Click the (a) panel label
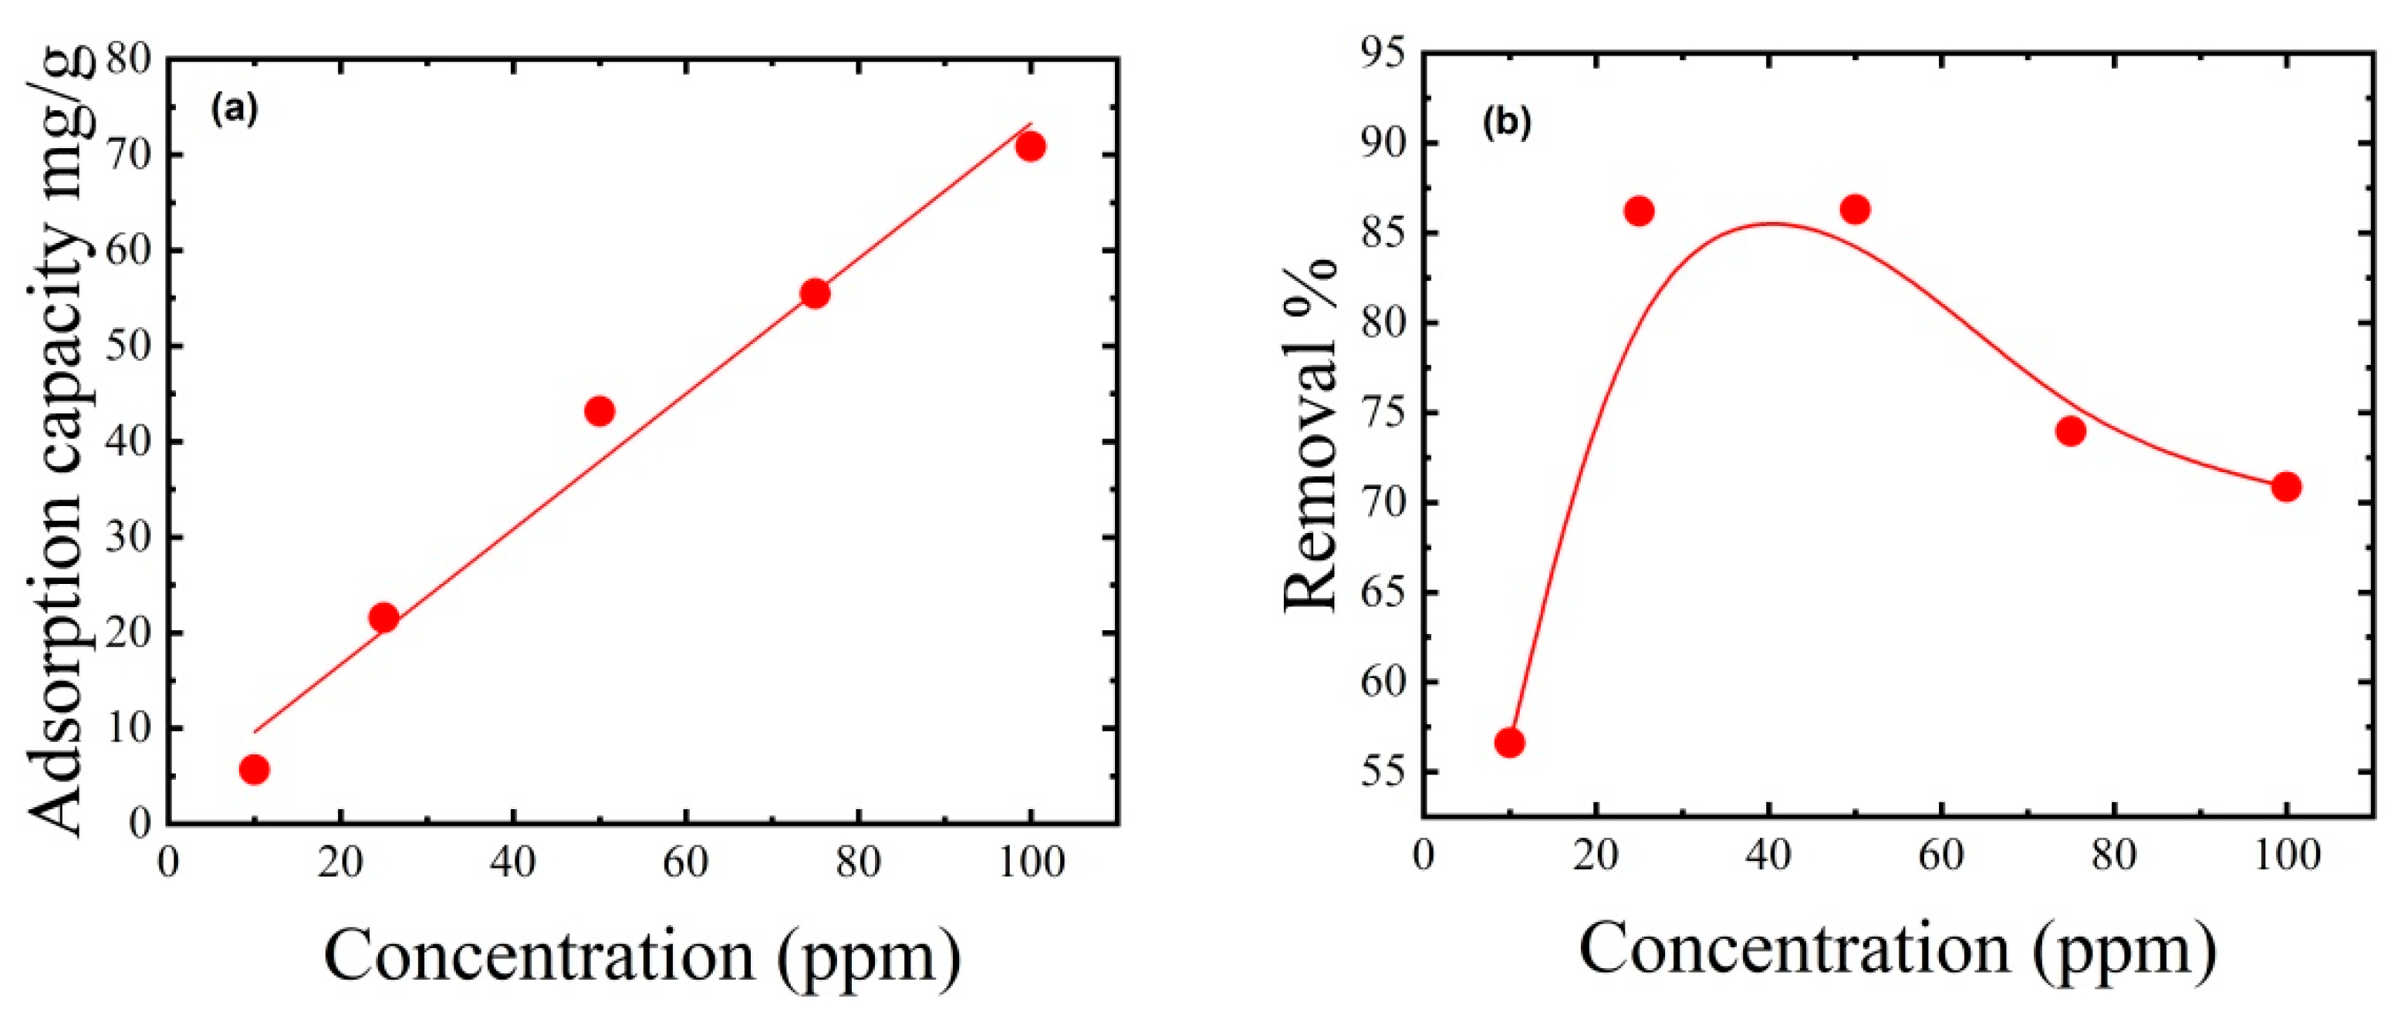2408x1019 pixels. tap(234, 110)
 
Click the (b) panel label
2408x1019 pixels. tap(1507, 123)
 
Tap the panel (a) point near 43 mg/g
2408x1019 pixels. tap(599, 410)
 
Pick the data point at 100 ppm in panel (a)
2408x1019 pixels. tap(1030, 147)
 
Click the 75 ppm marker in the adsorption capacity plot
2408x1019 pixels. tap(815, 294)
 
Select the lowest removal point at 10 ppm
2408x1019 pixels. tap(1510, 743)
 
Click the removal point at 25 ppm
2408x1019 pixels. tap(1639, 211)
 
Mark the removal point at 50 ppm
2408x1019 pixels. tap(1856, 209)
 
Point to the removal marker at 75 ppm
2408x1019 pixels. tap(2071, 431)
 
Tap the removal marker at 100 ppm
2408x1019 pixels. tap(2286, 487)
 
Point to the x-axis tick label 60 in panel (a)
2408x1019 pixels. tap(685, 862)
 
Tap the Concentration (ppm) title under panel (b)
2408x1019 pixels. tap(1897, 950)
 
